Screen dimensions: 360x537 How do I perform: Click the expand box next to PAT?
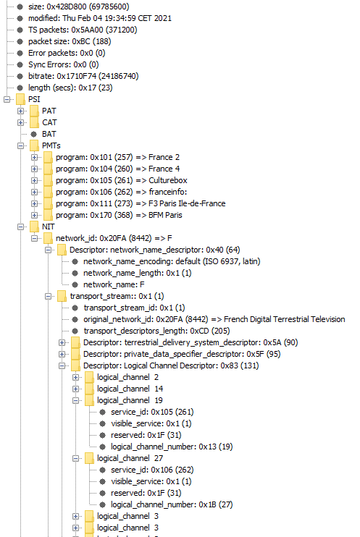click(x=20, y=111)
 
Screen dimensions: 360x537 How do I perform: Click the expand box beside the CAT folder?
click(x=20, y=122)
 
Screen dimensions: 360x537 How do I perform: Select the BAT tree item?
click(x=49, y=135)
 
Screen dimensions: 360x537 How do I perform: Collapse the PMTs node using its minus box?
click(x=20, y=146)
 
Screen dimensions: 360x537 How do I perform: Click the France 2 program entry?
click(x=117, y=158)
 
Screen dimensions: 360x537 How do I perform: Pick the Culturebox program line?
click(x=122, y=180)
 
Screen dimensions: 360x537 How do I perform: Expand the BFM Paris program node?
click(x=34, y=215)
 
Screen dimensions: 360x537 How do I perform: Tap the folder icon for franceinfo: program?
click(x=48, y=192)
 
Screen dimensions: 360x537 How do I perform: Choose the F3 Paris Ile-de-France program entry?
click(x=141, y=204)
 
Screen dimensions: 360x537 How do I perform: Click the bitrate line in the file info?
click(x=83, y=77)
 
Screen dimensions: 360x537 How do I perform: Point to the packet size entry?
click(x=70, y=41)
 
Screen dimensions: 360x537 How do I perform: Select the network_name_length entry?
click(x=138, y=274)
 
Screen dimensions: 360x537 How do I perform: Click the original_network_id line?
click(x=214, y=320)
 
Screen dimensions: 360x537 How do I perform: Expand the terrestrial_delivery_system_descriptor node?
click(x=62, y=342)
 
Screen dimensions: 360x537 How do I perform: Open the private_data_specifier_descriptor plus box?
click(x=62, y=354)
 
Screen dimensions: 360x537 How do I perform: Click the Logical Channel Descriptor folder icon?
click(x=75, y=365)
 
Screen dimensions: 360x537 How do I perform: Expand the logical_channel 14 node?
click(x=75, y=389)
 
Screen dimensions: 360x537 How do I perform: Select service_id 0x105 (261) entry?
click(x=152, y=412)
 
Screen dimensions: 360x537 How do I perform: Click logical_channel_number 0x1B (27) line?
click(x=172, y=505)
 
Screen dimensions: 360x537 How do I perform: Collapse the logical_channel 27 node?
click(x=75, y=459)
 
